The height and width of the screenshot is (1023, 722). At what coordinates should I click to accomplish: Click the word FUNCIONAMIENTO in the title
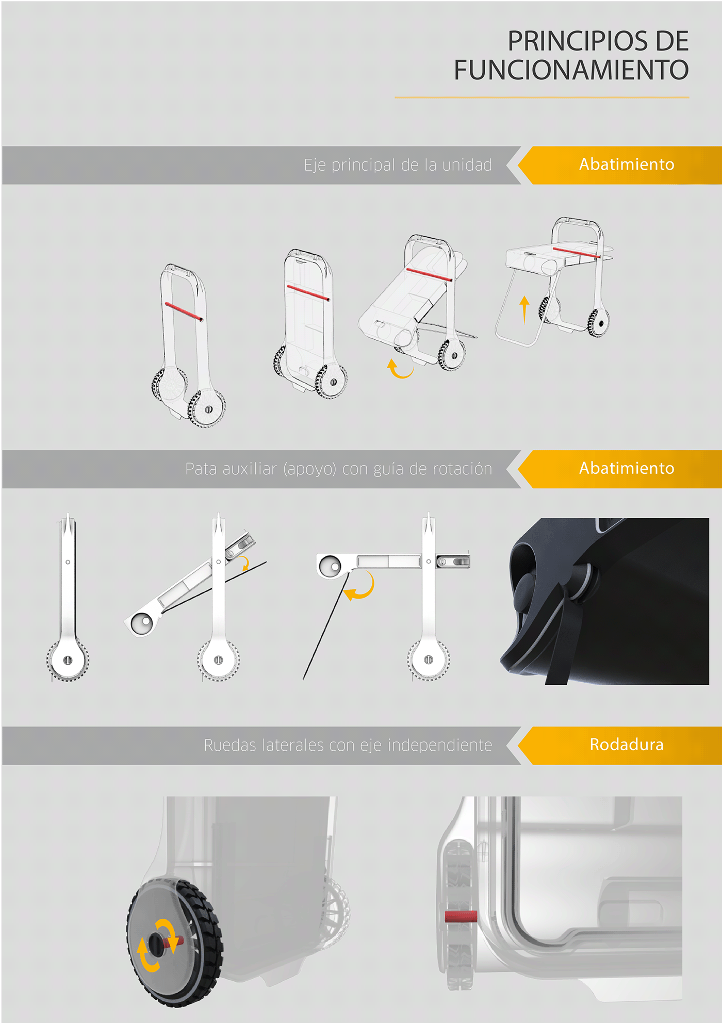[571, 70]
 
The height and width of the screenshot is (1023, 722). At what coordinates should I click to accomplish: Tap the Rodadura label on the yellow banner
[627, 745]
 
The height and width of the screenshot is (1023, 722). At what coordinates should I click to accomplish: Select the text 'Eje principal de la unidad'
[398, 165]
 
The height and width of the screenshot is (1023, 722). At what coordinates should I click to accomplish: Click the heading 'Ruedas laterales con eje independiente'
[348, 746]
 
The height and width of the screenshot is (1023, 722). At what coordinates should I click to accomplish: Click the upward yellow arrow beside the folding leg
[524, 310]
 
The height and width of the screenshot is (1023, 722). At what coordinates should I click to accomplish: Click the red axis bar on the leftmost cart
[184, 312]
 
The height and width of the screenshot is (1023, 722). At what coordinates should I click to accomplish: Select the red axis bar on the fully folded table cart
[577, 252]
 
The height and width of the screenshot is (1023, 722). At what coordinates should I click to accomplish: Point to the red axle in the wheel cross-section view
[461, 916]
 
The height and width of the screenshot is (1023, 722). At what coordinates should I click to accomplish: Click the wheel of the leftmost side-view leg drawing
[68, 660]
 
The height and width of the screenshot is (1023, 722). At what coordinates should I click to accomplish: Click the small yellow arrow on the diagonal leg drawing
[245, 563]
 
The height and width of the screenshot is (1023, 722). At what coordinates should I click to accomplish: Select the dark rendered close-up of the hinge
[604, 601]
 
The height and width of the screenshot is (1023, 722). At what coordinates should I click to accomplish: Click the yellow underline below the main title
[542, 97]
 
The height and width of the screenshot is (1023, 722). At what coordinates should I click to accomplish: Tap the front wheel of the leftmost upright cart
[207, 408]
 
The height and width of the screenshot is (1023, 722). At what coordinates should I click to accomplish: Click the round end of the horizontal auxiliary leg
[330, 566]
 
